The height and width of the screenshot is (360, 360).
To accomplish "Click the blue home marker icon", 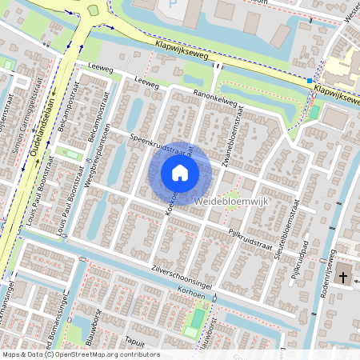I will point(180,172).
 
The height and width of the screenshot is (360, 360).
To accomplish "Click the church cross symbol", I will point(343,278).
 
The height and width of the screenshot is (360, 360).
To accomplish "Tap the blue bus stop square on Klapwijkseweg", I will point(309,81).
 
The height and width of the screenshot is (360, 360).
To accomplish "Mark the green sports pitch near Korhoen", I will point(194,320).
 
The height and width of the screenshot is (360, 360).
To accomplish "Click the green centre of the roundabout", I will point(93,10).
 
